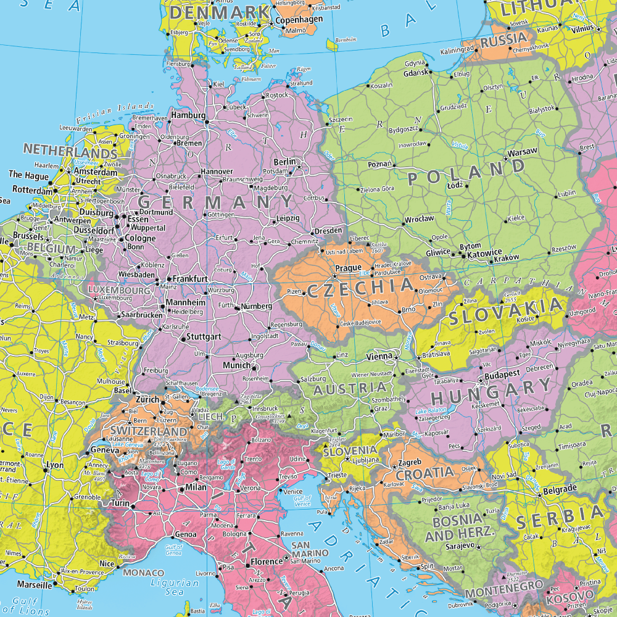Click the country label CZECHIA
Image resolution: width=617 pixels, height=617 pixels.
(360, 288)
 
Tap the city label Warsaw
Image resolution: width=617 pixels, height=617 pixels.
(522, 151)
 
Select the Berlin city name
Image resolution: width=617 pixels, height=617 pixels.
(284, 162)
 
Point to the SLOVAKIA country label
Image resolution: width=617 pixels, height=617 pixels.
(507, 311)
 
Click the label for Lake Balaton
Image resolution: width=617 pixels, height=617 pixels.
(430, 411)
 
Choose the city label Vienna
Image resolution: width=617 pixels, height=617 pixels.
(379, 356)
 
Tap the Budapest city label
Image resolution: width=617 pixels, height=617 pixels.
(503, 374)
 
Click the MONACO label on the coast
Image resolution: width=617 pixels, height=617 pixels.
(144, 573)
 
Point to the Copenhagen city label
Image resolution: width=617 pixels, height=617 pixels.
(299, 20)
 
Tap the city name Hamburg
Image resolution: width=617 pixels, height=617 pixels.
(188, 115)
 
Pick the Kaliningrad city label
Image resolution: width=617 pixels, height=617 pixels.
(457, 51)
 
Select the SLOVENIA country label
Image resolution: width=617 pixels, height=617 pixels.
(350, 450)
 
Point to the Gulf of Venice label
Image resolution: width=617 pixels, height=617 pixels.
(302, 501)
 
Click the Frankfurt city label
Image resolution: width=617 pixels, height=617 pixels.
(189, 279)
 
